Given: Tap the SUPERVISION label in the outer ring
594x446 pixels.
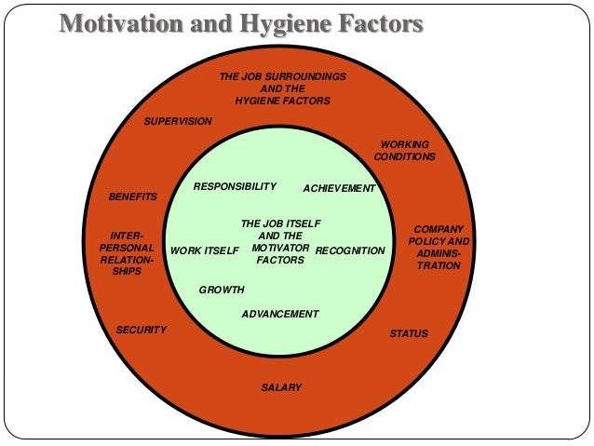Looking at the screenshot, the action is pos(178,122).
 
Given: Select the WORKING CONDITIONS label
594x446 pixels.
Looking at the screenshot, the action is pos(404,151).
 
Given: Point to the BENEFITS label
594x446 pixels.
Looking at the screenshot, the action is pos(133,197).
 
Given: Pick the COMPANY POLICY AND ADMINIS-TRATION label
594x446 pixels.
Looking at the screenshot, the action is pos(439,248).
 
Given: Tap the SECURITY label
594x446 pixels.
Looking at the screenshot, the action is pos(142,331).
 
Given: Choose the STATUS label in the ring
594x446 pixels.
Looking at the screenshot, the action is pos(409,333).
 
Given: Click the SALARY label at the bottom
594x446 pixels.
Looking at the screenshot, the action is pos(281,387).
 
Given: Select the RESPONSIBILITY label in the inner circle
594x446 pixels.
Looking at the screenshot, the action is pos(235,186).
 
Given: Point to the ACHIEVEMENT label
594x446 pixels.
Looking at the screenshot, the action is pos(339,189).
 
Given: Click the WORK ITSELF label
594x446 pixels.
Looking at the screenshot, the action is pos(205,251).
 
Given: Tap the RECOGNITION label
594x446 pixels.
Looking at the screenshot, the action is pos(350,251).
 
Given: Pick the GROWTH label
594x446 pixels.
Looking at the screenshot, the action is pos(222,291).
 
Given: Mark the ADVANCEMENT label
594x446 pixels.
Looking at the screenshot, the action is pos(280,315).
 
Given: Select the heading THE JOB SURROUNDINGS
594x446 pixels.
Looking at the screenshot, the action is pos(282,75).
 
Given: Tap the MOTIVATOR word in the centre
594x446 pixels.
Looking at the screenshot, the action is pos(280,249).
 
